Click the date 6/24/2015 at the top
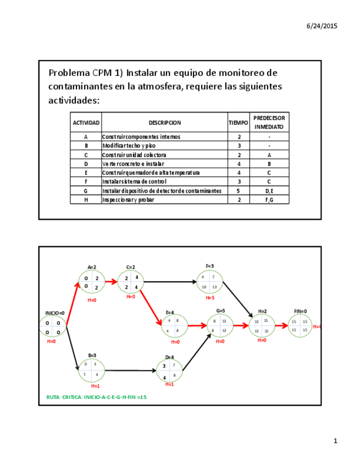322,26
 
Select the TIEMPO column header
238,123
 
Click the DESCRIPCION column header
164,123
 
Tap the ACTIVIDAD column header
86,123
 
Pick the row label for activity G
86,191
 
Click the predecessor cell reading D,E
269,191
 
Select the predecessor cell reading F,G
269,200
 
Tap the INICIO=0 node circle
53,327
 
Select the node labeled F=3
209,282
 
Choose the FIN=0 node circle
300,325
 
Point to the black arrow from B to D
131,370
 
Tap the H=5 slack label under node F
209,298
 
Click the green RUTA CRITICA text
96,397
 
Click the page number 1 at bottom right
335,441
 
